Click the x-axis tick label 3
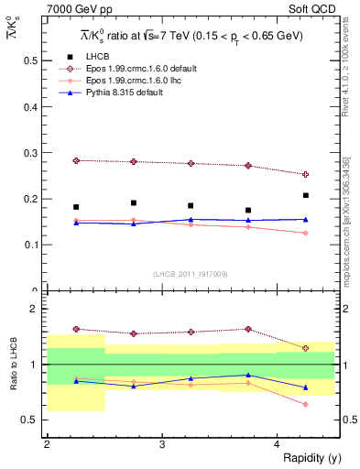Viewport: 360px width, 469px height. click(162, 443)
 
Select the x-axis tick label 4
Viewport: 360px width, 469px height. click(278, 443)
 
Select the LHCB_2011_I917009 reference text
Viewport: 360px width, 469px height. click(191, 274)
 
